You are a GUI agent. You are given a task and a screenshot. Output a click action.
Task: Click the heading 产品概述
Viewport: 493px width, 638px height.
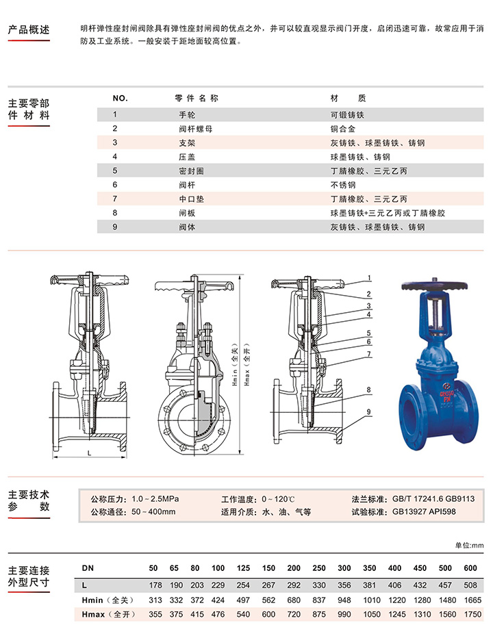pos(29,30)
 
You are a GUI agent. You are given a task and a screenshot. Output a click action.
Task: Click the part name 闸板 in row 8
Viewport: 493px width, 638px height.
pos(186,213)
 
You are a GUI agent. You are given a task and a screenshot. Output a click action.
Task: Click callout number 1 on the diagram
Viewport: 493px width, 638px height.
pos(369,279)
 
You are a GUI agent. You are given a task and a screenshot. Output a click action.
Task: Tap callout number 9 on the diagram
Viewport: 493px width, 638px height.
pos(369,411)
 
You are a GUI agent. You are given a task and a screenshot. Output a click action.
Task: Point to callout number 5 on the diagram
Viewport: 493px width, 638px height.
pos(369,333)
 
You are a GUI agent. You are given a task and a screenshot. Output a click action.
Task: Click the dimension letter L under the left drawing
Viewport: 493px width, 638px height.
pos(90,454)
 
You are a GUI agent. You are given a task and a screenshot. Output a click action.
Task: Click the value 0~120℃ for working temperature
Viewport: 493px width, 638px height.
pos(278,498)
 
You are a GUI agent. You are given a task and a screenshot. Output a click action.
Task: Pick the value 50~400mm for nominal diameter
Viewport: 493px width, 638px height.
pos(153,511)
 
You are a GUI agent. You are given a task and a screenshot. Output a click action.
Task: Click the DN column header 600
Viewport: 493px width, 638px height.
pos(469,568)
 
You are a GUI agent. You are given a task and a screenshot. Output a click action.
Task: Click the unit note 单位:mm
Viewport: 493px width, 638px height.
pos(469,545)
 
